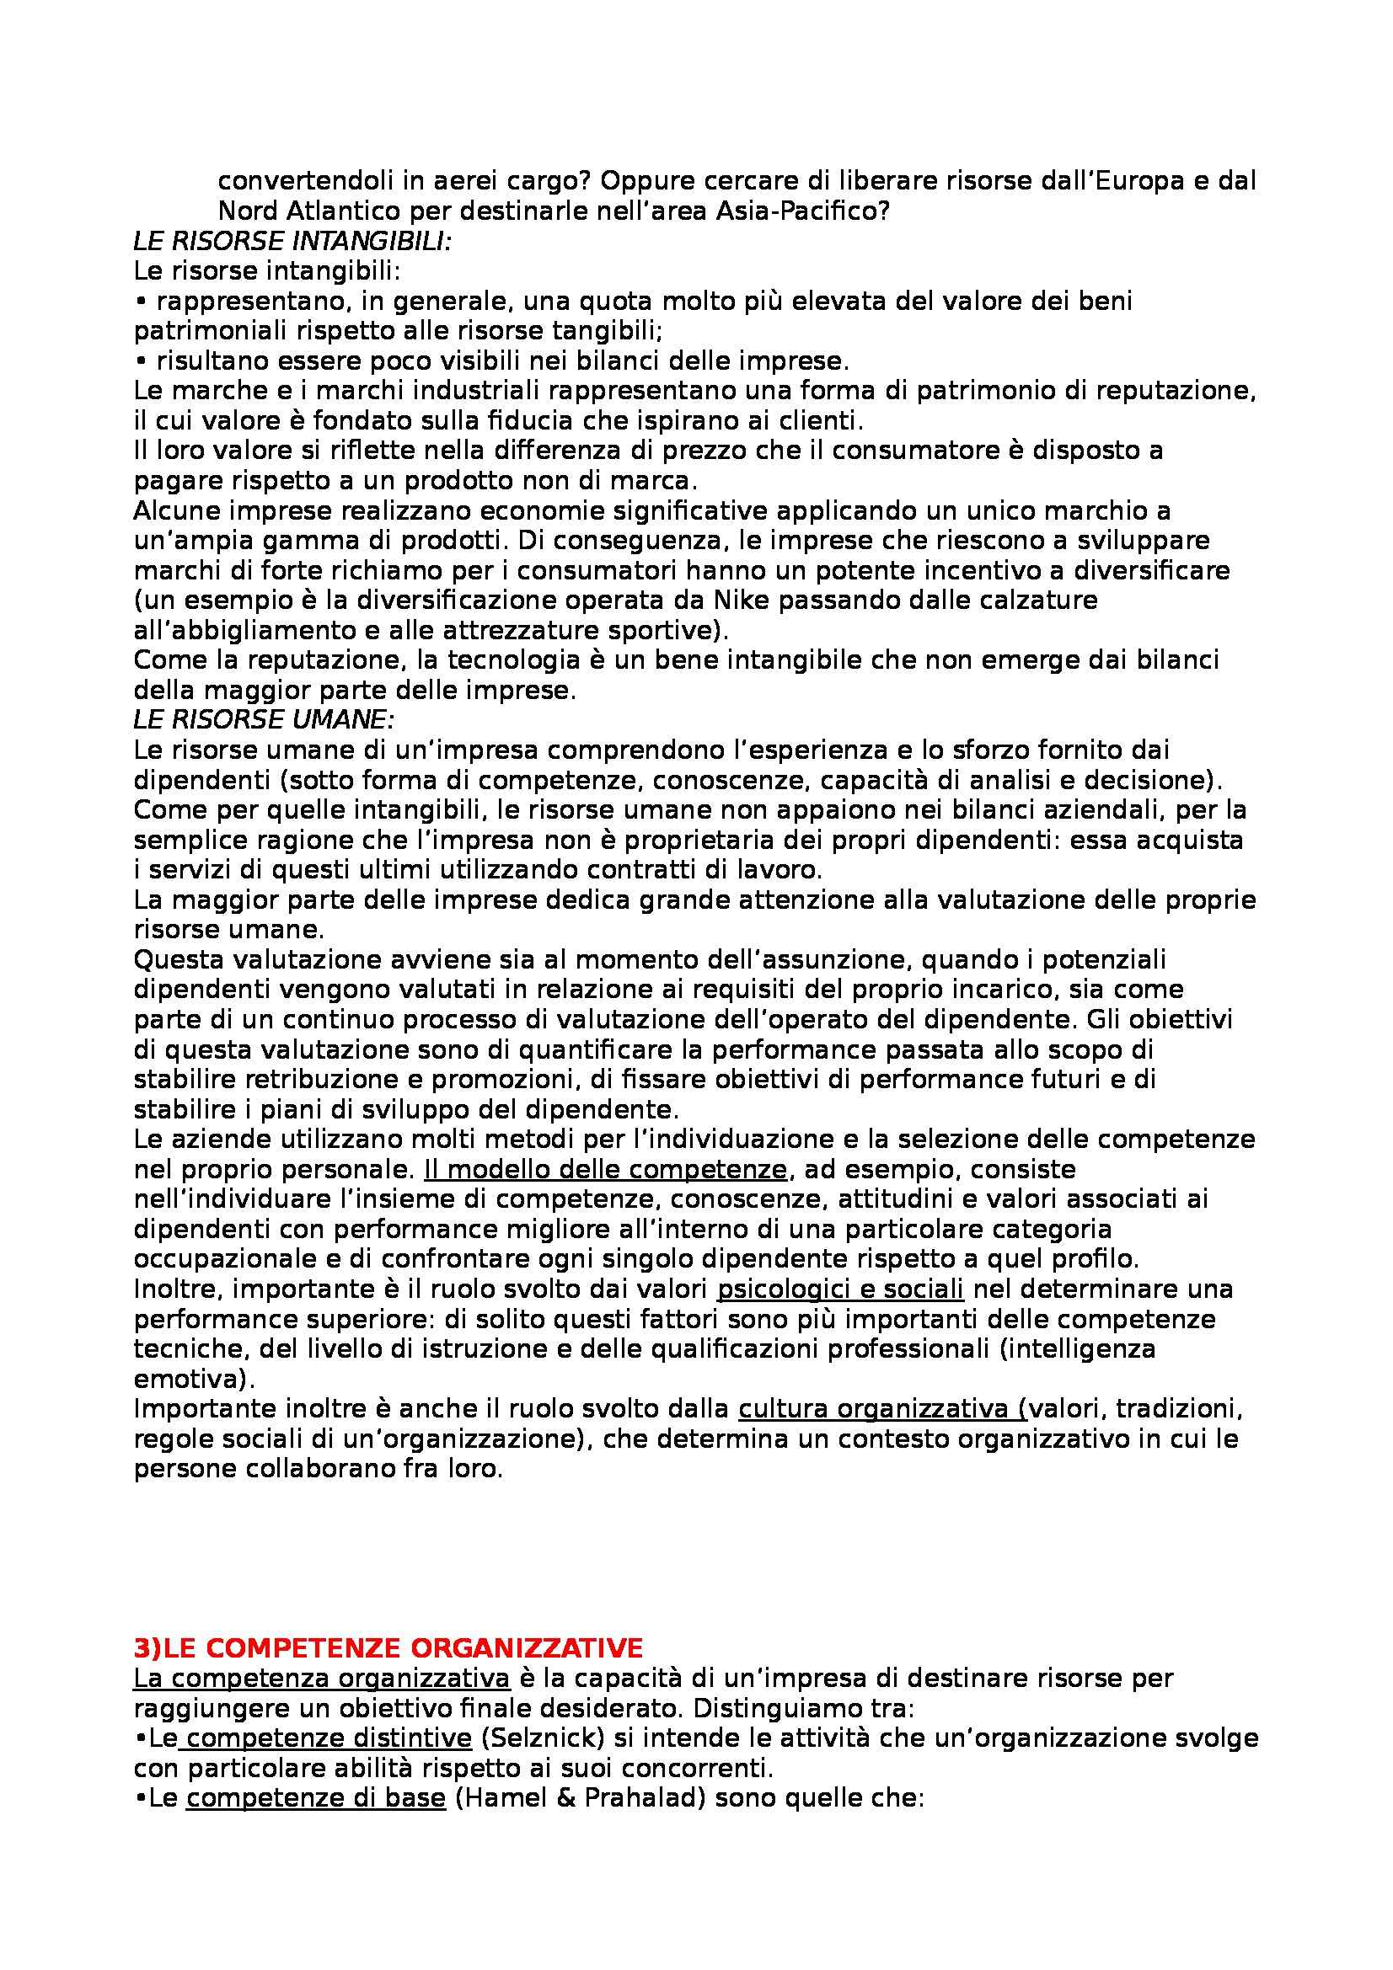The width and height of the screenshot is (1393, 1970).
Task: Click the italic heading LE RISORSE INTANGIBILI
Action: click(x=292, y=242)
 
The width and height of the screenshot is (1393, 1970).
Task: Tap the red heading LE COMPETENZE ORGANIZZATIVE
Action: click(x=388, y=1647)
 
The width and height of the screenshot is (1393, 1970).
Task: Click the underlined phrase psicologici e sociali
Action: click(x=839, y=1289)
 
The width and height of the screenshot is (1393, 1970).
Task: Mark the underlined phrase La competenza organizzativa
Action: click(x=322, y=1678)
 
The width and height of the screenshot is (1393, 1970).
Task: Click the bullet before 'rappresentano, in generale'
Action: click(x=140, y=302)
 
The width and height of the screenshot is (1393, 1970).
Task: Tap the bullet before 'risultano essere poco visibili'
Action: click(x=140, y=361)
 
